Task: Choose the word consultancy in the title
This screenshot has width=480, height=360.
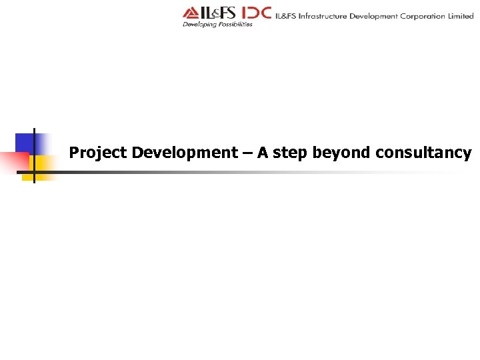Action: tap(423, 153)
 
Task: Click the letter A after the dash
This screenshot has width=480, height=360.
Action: tap(263, 153)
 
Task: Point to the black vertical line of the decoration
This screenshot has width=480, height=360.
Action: tap(34, 155)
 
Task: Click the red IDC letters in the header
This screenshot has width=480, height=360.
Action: tap(255, 13)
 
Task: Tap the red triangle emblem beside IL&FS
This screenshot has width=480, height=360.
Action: tap(191, 13)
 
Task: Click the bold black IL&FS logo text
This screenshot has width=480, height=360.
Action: tap(218, 13)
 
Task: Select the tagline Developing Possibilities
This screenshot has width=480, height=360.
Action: tap(217, 25)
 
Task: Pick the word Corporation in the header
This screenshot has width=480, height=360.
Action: tap(423, 16)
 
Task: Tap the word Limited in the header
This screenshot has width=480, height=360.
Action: tap(461, 16)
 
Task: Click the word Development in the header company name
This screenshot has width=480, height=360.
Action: tap(375, 16)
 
